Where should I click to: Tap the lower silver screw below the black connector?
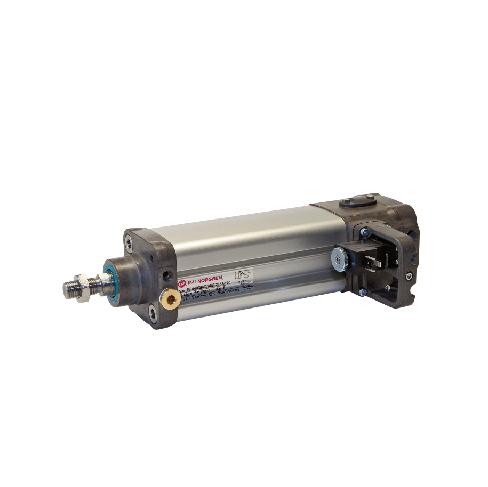(x=362, y=291)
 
